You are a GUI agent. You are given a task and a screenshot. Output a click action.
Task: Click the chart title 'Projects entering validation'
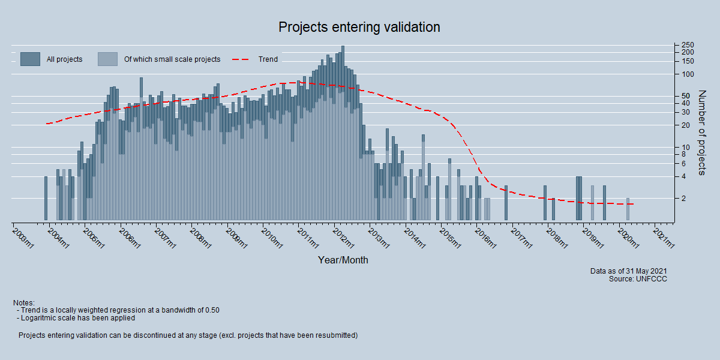pos(359,28)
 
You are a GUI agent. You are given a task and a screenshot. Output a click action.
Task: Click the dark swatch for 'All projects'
pos(30,59)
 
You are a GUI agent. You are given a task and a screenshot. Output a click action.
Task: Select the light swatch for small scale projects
pos(107,59)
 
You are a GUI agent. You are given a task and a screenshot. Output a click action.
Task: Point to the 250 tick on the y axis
pos(688,46)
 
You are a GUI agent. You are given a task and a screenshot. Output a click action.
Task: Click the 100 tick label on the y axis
pos(688,74)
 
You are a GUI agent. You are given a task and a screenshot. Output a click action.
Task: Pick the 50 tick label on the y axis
pos(686,96)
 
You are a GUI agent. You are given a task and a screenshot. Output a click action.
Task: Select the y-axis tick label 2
pos(683,199)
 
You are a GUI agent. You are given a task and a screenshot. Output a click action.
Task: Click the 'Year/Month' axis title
pos(343,260)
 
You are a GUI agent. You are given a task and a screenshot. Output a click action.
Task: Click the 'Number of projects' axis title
pos(701,133)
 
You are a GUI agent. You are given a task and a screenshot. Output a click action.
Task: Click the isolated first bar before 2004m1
pos(46,198)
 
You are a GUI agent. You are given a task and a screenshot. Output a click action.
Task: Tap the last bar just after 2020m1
pos(628,209)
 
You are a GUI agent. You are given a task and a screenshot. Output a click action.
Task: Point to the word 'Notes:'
pos(23,302)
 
